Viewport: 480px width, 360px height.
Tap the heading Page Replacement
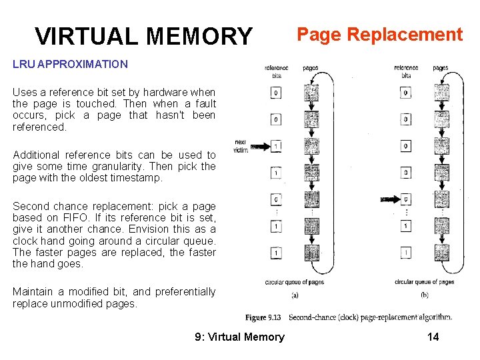click(379, 35)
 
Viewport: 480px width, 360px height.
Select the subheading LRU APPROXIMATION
click(70, 65)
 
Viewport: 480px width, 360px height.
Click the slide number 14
click(433, 337)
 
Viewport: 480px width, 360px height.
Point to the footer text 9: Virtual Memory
click(239, 337)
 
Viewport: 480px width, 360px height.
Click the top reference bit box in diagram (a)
click(276, 93)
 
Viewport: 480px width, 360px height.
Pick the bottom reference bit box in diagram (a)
click(276, 253)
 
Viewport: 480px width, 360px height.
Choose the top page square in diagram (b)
click(441, 93)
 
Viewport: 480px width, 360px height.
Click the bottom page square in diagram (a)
click(311, 253)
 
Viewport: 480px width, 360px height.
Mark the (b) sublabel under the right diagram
click(425, 295)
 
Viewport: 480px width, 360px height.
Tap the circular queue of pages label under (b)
click(425, 282)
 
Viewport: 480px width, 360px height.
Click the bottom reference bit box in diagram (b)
click(406, 253)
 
